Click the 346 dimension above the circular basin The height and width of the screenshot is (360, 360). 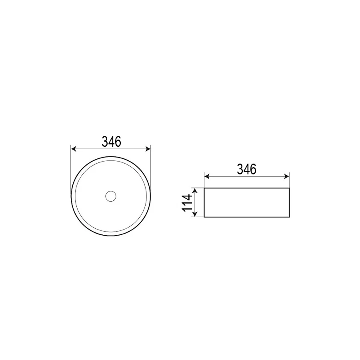111,142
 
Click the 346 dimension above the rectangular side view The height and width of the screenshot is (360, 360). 246,169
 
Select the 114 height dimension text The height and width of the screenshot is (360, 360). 187,203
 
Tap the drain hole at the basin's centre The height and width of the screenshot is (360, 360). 111,196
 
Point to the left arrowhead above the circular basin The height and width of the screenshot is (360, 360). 74,149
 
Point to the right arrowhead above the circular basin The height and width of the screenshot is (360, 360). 148,149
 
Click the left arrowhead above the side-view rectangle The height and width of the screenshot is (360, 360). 207,176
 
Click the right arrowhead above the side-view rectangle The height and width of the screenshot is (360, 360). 286,176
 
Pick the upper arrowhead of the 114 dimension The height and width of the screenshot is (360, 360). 195,190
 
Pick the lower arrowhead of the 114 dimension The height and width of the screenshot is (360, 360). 195,214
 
